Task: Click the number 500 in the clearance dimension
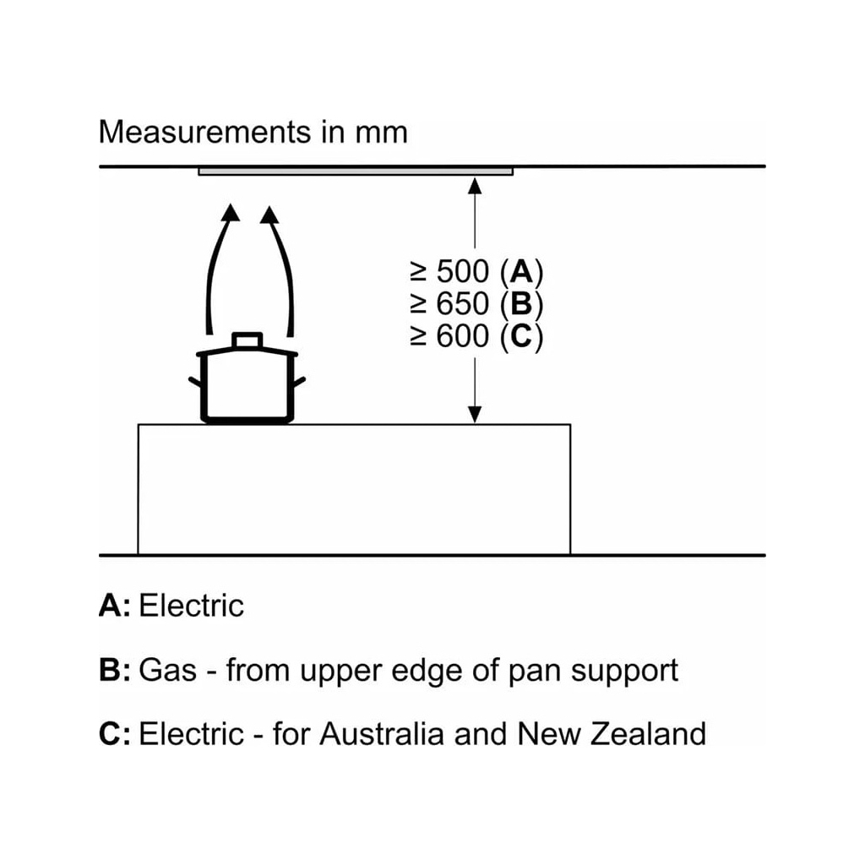pyautogui.click(x=462, y=272)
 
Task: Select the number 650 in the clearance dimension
pyautogui.click(x=462, y=303)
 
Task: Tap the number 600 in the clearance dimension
pyautogui.click(x=462, y=335)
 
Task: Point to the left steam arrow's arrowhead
pyautogui.click(x=229, y=213)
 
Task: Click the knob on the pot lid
pyautogui.click(x=247, y=340)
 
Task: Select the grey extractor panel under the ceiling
pyautogui.click(x=356, y=171)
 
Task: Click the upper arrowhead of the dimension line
pyautogui.click(x=475, y=183)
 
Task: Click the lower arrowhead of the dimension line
pyautogui.click(x=475, y=413)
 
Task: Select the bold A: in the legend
pyautogui.click(x=114, y=606)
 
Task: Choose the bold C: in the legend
pyautogui.click(x=114, y=733)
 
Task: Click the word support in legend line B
pyautogui.click(x=624, y=672)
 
